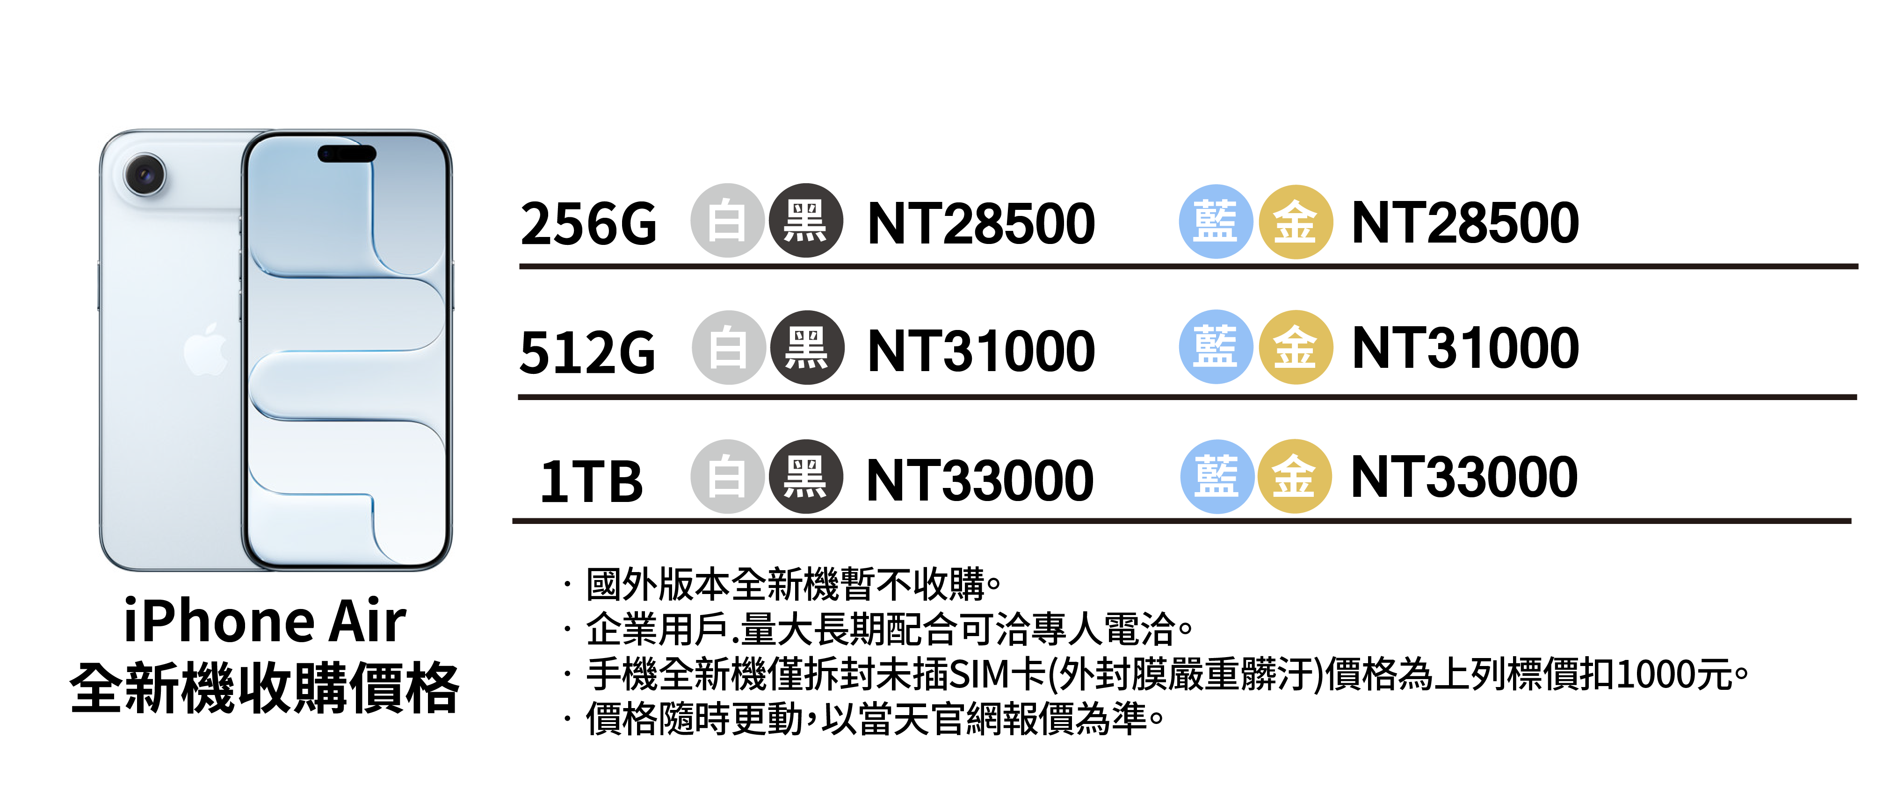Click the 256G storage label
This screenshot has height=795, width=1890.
point(588,224)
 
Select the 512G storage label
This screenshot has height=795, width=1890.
point(587,352)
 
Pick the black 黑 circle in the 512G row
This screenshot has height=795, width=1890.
point(806,348)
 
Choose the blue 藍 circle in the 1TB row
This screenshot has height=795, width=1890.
point(1217,477)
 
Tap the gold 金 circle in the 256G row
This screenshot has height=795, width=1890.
point(1295,222)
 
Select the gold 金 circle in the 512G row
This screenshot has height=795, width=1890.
point(1295,348)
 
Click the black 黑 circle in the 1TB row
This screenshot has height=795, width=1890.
point(805,477)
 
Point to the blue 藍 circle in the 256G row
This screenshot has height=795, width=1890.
point(1215,222)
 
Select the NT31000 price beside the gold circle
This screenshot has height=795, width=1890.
point(1465,348)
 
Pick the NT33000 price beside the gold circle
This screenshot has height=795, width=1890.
point(1464,477)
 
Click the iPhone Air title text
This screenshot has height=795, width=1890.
point(265,621)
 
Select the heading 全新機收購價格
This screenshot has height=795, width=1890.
point(265,688)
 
